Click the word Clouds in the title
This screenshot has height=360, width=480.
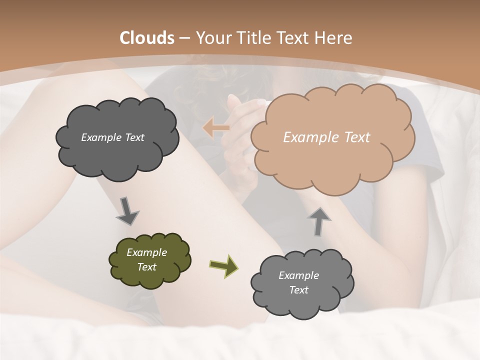pos(147,38)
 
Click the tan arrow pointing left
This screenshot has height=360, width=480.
pos(216,128)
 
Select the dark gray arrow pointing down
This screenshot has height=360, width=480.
pos(127,210)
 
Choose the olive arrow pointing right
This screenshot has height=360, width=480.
pos(223,266)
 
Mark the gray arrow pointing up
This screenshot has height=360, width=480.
pos(319,221)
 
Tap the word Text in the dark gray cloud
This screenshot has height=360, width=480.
pos(134,137)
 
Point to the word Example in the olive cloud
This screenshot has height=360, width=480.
pos(147,252)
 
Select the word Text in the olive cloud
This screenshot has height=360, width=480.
pos(147,267)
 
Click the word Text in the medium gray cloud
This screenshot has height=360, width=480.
pos(299,290)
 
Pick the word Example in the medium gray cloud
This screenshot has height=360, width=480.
pos(299,275)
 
